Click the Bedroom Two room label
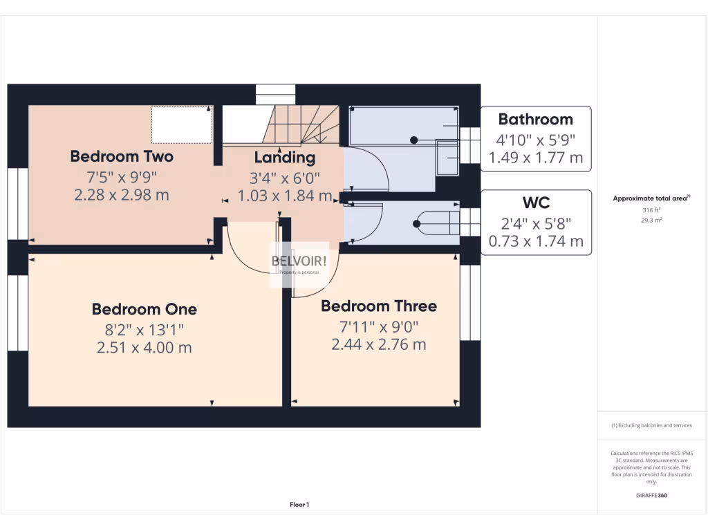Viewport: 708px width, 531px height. [x=122, y=156]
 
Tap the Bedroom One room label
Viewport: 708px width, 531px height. [x=144, y=309]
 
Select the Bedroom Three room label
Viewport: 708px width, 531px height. [x=378, y=306]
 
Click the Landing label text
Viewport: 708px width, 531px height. [x=284, y=158]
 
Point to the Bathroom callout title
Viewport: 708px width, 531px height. [x=535, y=120]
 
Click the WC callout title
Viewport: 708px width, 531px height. [x=535, y=203]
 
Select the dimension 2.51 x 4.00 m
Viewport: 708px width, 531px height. [x=144, y=347]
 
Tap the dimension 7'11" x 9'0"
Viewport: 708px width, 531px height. [x=378, y=326]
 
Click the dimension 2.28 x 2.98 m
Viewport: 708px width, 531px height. [x=122, y=195]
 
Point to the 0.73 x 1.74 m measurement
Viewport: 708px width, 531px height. [x=535, y=241]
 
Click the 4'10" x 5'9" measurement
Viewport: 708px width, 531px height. [x=535, y=139]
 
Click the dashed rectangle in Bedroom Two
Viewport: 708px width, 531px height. [x=181, y=124]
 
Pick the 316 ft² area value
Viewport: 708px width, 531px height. [x=652, y=210]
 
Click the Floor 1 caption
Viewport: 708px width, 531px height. [x=299, y=505]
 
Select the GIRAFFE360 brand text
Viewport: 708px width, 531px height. [x=652, y=495]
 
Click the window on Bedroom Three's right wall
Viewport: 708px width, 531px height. [x=470, y=303]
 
